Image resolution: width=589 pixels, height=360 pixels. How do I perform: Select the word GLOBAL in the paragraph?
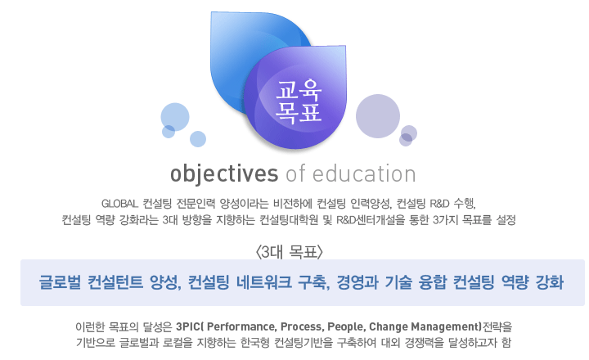point(121,203)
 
